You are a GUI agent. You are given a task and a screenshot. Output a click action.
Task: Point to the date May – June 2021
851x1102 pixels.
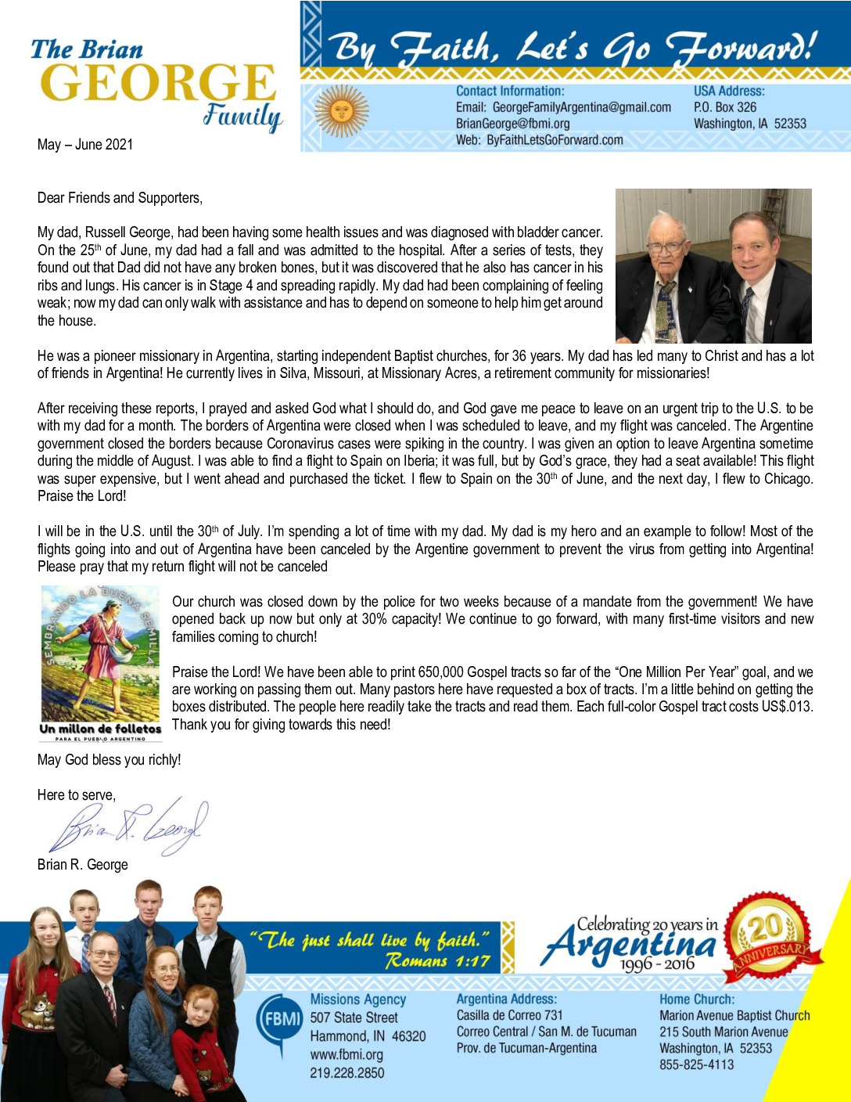coord(85,145)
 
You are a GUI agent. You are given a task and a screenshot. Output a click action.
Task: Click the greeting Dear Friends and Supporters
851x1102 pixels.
coord(120,198)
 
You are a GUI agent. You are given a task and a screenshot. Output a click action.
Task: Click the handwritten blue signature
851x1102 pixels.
coord(129,826)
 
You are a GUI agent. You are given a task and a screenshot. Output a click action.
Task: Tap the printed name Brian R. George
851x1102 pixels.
coord(82,865)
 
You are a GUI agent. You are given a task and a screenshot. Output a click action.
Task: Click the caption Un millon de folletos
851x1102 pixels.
coord(100,729)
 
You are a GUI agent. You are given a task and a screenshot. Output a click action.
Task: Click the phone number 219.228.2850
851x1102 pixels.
coord(347,1072)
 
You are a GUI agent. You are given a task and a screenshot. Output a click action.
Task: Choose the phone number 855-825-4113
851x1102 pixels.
coord(696,1064)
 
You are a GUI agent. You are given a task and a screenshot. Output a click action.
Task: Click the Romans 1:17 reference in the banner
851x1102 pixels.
coord(437,961)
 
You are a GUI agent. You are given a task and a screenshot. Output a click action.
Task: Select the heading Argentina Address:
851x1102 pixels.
coord(507,999)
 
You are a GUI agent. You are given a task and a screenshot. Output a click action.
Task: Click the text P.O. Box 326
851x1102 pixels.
coord(725,107)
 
